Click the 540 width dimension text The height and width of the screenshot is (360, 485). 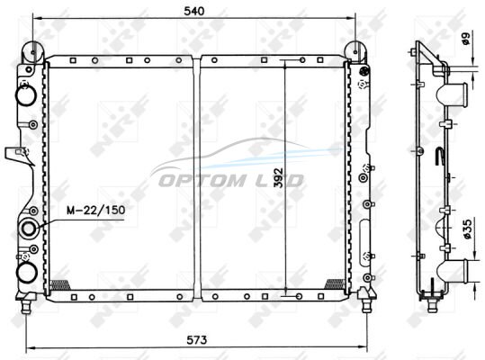coord(194,11)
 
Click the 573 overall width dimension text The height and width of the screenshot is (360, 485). coord(197,340)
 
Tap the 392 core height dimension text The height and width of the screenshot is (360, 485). coord(279,178)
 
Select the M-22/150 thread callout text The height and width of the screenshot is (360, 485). coord(96,211)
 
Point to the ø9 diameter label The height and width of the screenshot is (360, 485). coord(465,39)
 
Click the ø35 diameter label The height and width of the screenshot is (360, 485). coord(467,229)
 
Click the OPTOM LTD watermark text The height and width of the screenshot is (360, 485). coord(230,181)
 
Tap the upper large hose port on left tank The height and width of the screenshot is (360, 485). coord(27,95)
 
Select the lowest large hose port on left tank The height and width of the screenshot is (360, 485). coord(27,273)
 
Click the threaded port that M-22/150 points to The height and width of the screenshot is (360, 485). coord(29,229)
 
